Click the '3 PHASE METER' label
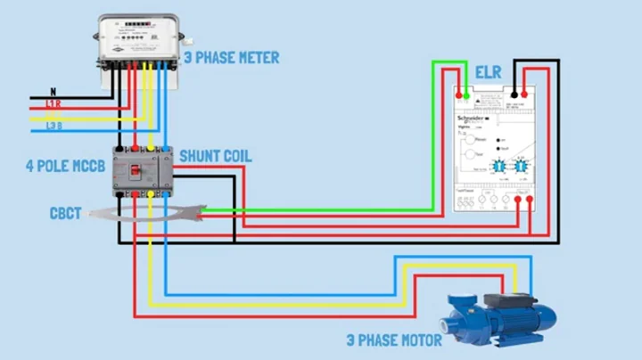click(x=231, y=58)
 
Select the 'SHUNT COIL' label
click(x=215, y=156)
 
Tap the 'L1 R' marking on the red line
click(x=53, y=105)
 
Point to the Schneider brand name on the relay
click(x=473, y=118)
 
